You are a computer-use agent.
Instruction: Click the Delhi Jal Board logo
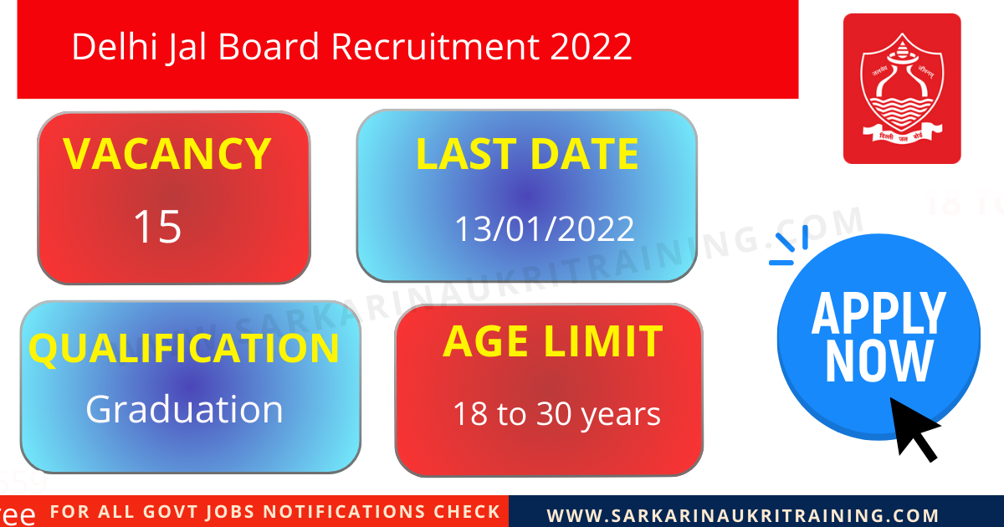902,89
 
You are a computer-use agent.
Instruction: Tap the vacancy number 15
157,227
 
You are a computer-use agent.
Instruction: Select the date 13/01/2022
544,228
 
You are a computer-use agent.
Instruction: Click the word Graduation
184,409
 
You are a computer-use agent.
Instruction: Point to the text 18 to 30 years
556,414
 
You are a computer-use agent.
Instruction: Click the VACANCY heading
167,154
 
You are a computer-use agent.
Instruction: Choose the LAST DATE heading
527,155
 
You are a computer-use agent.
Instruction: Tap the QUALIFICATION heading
184,348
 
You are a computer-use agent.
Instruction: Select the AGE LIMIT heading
552,341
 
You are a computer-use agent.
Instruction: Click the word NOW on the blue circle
878,361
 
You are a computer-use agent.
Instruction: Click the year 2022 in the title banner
591,47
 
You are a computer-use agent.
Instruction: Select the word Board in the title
269,47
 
